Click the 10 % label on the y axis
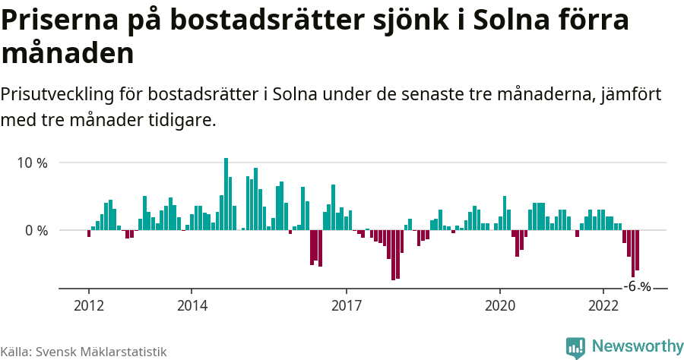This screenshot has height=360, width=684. click(x=31, y=163)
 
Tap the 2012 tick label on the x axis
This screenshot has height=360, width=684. click(x=88, y=305)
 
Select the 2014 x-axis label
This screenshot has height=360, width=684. click(x=192, y=305)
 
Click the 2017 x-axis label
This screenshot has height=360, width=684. click(x=347, y=305)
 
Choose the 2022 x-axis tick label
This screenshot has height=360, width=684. click(x=603, y=305)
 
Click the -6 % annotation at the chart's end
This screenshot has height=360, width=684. click(x=637, y=287)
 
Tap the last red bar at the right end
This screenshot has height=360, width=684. click(x=637, y=250)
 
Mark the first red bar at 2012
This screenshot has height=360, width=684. click(x=89, y=233)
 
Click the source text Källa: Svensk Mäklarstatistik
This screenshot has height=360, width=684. click(x=84, y=352)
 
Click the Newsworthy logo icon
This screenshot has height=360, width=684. click(x=575, y=347)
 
